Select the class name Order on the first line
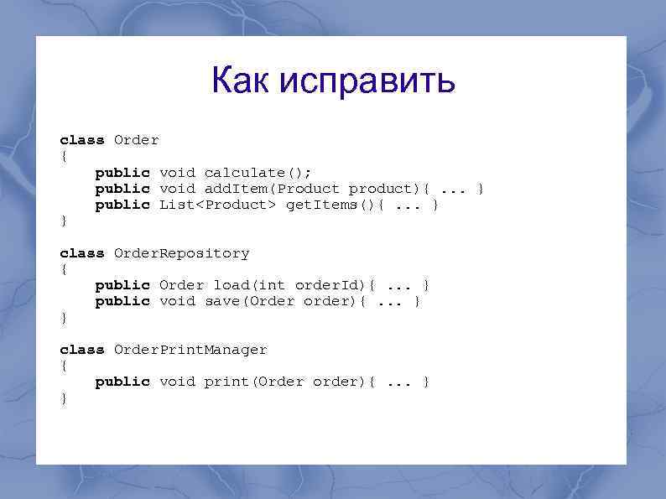(136, 140)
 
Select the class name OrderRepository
(181, 253)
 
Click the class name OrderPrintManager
(190, 350)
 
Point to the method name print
(226, 382)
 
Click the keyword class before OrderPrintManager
(81, 350)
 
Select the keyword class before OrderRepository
(81, 253)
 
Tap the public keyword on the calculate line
(122, 173)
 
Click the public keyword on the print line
(122, 382)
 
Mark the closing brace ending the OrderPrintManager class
(64, 398)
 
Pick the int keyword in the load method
(276, 285)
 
